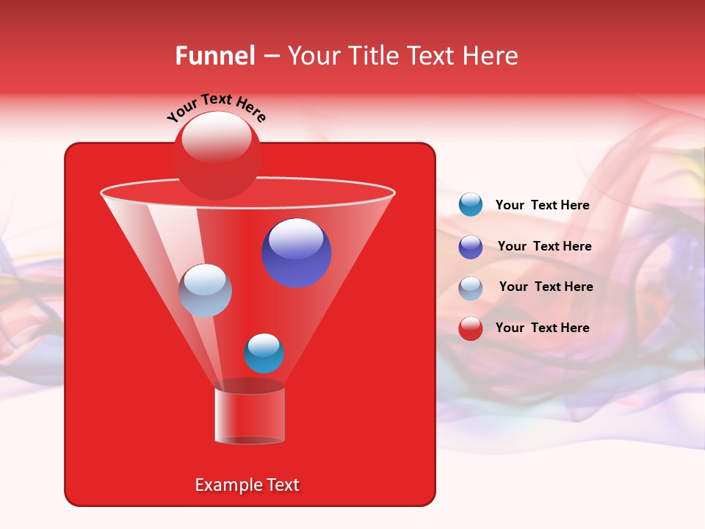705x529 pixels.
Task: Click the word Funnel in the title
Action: (x=214, y=56)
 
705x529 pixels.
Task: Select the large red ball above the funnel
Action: (x=217, y=155)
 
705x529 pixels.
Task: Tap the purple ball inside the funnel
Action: (x=297, y=253)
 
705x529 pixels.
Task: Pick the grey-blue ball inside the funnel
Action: (x=205, y=290)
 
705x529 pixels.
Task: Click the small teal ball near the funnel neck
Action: (x=264, y=353)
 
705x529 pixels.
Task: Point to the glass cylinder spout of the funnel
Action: (x=250, y=415)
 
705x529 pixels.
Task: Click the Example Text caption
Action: (x=247, y=485)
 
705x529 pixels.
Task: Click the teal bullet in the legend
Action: (x=471, y=205)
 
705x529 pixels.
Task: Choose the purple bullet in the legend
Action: (x=471, y=247)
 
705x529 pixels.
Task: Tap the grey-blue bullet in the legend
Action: (x=471, y=288)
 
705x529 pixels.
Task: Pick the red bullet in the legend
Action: (x=471, y=328)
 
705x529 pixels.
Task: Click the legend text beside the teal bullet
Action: (x=542, y=206)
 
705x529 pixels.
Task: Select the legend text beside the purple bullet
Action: (x=544, y=247)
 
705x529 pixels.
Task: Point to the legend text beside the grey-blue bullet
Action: (x=546, y=287)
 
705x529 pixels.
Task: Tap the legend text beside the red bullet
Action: (x=542, y=328)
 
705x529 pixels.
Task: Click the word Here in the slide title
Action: (x=491, y=56)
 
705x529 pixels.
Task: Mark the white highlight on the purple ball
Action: (x=296, y=238)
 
